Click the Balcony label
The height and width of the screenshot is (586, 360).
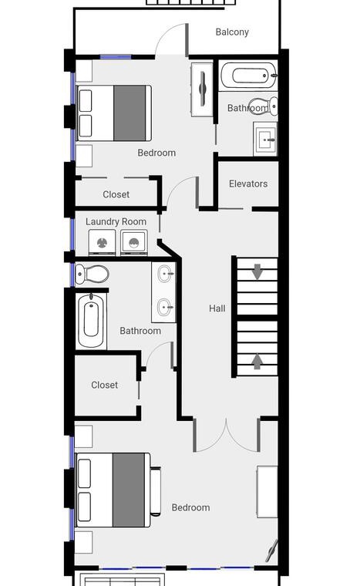[232, 32]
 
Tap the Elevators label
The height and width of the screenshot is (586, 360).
[248, 184]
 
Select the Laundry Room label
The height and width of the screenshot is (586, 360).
[116, 221]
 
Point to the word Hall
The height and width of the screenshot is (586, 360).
[217, 308]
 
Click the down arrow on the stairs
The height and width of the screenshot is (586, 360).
[257, 271]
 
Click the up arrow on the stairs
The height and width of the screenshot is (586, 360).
[257, 362]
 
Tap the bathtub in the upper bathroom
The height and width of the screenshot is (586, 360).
[248, 76]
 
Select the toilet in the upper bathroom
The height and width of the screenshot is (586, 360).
[264, 106]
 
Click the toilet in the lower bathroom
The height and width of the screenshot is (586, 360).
[92, 274]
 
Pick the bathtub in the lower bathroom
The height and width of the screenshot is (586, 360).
[91, 320]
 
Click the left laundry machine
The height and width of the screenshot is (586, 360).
[102, 243]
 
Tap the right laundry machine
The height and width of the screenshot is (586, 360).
[134, 243]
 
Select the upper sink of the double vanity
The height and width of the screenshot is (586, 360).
[164, 274]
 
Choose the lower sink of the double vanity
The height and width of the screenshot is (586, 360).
[164, 308]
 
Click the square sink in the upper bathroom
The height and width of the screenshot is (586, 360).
[266, 139]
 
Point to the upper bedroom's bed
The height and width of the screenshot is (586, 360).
[113, 113]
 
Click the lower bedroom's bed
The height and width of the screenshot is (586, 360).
[113, 490]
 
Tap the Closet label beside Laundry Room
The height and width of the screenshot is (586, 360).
[116, 194]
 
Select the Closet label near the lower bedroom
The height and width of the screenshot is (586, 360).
[104, 385]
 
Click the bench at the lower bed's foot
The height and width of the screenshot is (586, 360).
[156, 491]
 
